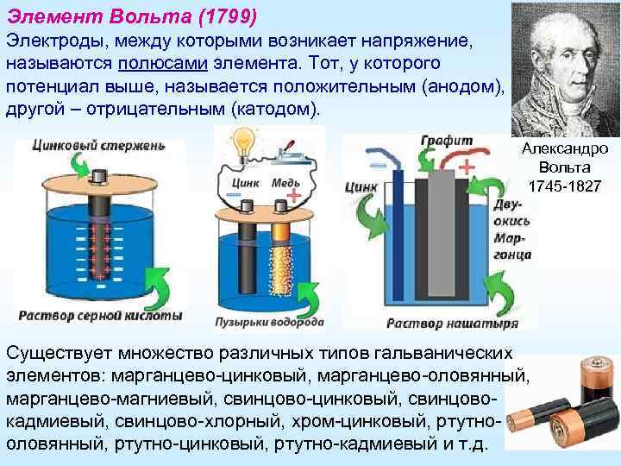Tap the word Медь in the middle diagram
[x=285, y=184]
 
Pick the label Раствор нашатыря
[x=451, y=324]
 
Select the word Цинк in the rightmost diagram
[x=361, y=186]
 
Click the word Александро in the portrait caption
[x=565, y=148]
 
